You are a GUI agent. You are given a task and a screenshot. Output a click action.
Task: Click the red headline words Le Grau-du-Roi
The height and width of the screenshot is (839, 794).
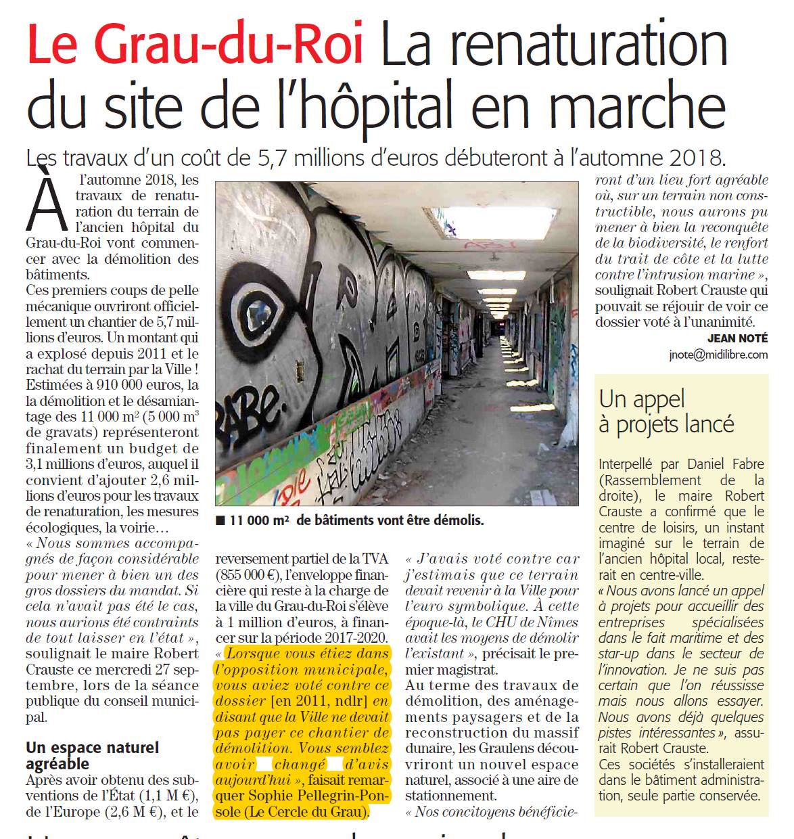pyautogui.click(x=195, y=45)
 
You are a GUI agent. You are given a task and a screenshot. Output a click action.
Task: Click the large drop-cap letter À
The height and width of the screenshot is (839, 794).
pyautogui.click(x=47, y=203)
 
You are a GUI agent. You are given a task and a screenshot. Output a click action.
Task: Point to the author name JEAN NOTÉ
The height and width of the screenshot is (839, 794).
pyautogui.click(x=737, y=338)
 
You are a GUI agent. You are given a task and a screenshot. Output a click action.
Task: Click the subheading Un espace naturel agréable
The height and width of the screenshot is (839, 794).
pyautogui.click(x=92, y=756)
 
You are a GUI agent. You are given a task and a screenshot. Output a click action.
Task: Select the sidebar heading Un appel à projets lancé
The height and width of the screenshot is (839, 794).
pyautogui.click(x=666, y=411)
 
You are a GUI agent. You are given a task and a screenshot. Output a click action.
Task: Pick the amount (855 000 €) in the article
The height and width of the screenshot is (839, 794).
pyautogui.click(x=243, y=575)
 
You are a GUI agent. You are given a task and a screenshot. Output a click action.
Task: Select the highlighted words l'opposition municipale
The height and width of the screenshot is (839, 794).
pyautogui.click(x=301, y=669)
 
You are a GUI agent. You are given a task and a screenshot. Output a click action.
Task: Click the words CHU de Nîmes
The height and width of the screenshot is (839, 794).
pyautogui.click(x=534, y=622)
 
